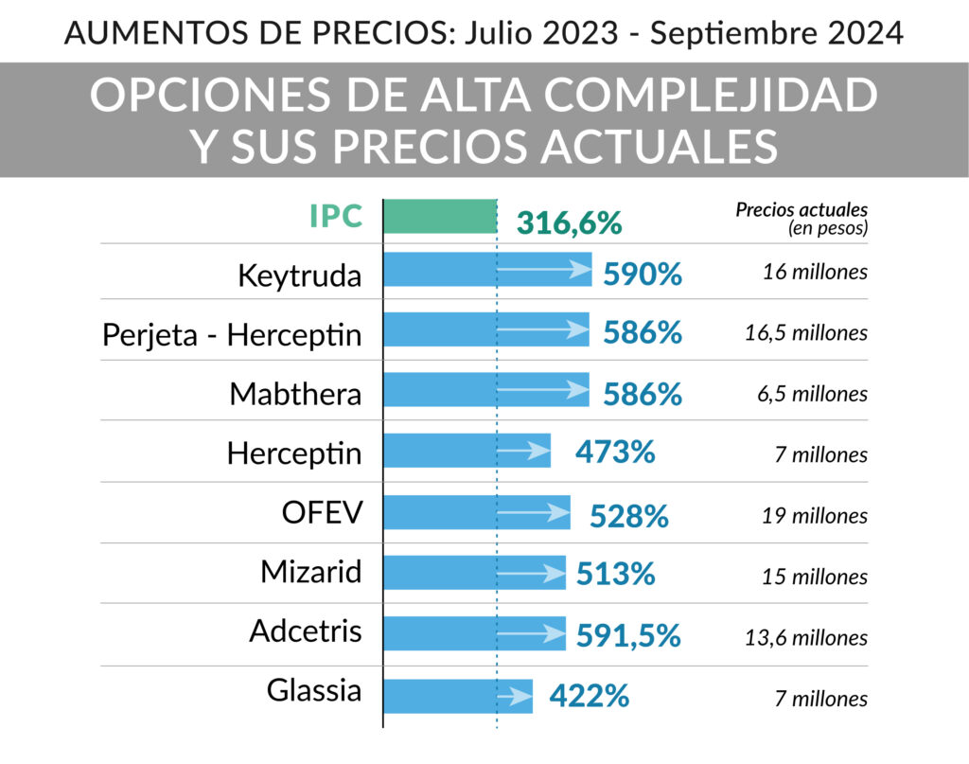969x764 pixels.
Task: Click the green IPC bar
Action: point(440,217)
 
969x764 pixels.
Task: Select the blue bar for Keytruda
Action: point(487,270)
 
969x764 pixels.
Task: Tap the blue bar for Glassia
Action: point(458,696)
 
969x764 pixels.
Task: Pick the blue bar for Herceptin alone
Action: point(467,451)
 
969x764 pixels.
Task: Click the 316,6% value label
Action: point(569,223)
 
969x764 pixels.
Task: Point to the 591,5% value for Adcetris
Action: point(628,636)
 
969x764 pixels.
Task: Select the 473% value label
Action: point(615,452)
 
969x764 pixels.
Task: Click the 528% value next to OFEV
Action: point(629,516)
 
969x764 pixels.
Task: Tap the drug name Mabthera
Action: point(295,395)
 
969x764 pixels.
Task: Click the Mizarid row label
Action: point(310,572)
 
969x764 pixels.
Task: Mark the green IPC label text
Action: point(336,217)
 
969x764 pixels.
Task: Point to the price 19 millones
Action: point(815,516)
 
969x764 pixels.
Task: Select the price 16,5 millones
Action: point(806,333)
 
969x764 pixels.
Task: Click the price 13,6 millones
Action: point(806,638)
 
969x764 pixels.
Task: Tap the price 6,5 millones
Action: point(813,395)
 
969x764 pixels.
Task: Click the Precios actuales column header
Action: point(802,219)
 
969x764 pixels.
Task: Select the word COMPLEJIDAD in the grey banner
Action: point(711,96)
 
